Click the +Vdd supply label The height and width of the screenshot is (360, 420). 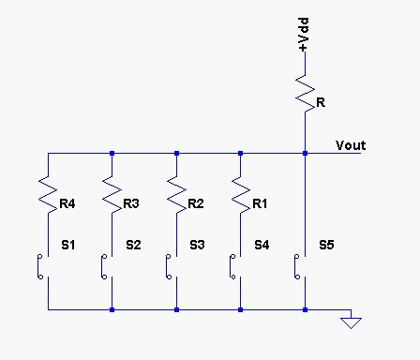point(303,35)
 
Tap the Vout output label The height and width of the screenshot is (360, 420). point(351,145)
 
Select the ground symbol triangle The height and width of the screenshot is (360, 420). point(351,322)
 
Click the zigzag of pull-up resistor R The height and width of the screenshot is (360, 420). point(306,93)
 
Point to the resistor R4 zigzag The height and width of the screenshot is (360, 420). point(48,195)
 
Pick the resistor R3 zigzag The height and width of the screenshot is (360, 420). point(112,195)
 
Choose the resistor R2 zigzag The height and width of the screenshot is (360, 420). point(176,195)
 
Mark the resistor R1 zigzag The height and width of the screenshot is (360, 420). point(240,195)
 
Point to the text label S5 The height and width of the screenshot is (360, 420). point(326,245)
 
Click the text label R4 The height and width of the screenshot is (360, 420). point(67,203)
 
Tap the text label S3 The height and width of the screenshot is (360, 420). point(197,245)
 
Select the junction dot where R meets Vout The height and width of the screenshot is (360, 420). point(306,153)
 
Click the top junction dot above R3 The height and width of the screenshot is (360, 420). point(112,153)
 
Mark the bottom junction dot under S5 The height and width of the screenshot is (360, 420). point(306,309)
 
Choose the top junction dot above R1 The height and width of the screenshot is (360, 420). point(240,153)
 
